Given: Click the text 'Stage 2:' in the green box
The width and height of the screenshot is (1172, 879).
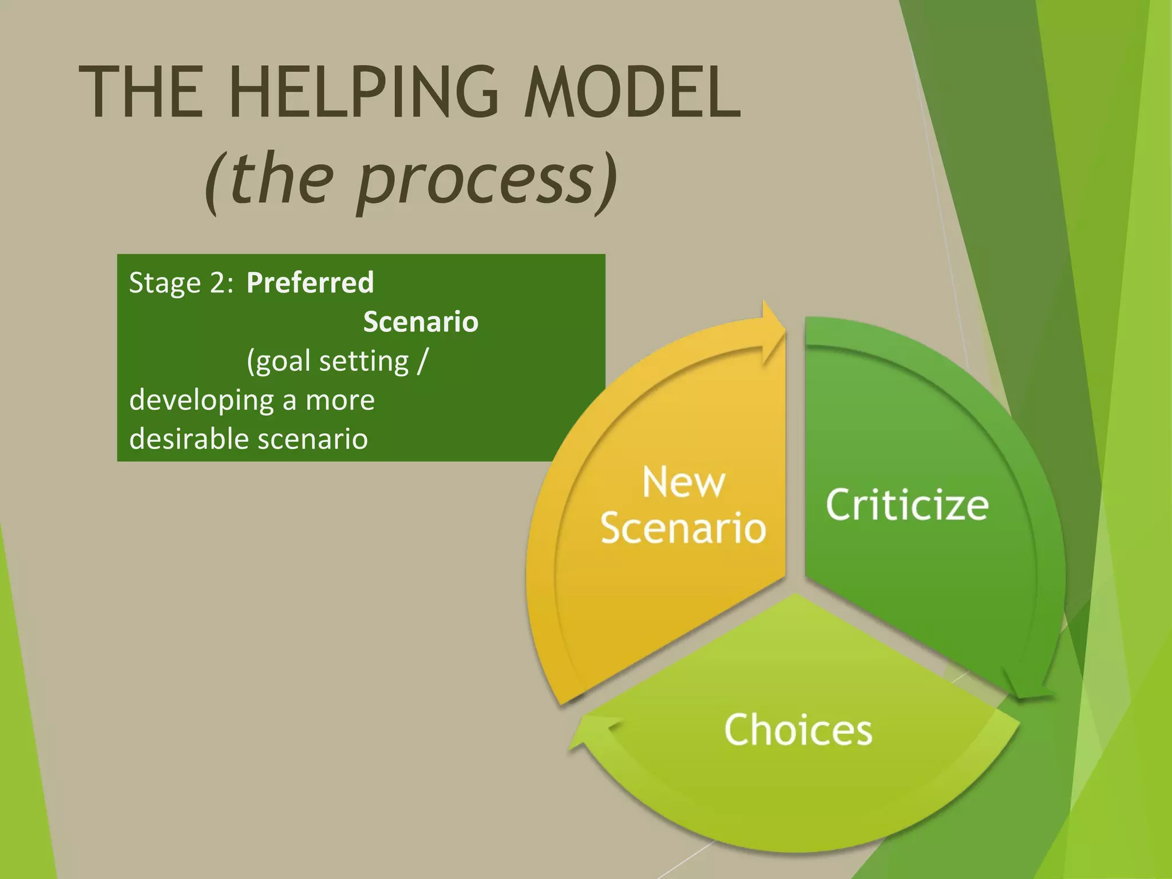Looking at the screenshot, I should tap(181, 283).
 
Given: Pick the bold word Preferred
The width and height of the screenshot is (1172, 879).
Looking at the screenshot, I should tap(310, 283).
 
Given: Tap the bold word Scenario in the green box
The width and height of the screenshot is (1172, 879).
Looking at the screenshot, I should tap(421, 322).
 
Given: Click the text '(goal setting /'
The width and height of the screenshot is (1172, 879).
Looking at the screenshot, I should tap(337, 362).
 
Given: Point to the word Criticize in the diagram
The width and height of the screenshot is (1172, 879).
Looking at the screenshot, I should tap(907, 505).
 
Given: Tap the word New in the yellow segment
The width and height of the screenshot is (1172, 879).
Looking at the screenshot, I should tap(683, 482).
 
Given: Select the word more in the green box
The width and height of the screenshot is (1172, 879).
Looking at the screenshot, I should tap(340, 401).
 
